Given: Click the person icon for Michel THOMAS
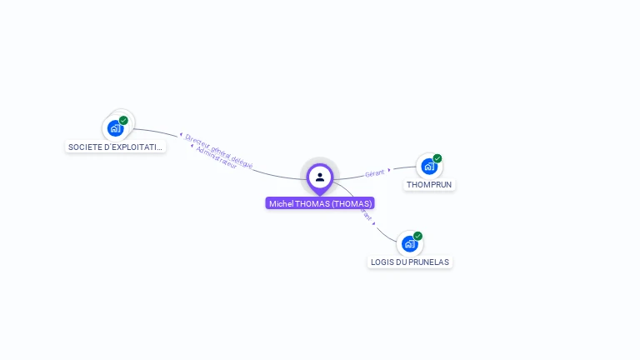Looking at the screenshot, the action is tap(320, 177).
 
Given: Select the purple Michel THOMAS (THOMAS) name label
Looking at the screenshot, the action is tap(320, 203).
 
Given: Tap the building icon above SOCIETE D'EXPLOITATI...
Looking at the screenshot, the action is tap(115, 129).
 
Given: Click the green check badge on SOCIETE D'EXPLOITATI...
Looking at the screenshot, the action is tap(123, 121).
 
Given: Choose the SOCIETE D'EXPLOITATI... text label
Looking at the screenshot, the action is tap(116, 147).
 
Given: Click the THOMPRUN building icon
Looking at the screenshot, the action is tap(429, 166).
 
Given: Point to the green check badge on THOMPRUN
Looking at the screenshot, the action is tap(437, 158).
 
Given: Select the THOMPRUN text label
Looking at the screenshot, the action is tap(429, 184).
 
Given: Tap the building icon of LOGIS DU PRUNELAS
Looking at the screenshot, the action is tap(409, 243).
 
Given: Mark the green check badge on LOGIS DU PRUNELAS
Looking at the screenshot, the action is tap(417, 236).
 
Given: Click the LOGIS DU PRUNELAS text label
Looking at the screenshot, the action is tap(409, 262).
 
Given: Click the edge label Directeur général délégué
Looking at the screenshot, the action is tap(219, 150).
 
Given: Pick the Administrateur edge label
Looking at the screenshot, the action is tap(215, 157).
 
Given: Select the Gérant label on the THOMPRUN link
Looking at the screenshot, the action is tap(374, 172).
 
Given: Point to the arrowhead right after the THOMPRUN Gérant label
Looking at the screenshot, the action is tap(389, 170).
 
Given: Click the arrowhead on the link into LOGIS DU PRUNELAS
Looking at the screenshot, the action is tap(374, 223).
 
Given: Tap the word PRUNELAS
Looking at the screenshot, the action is tap(428, 262).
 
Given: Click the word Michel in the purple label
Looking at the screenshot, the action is tap(281, 203).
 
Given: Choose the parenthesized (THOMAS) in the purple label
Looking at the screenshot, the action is tap(351, 203).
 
